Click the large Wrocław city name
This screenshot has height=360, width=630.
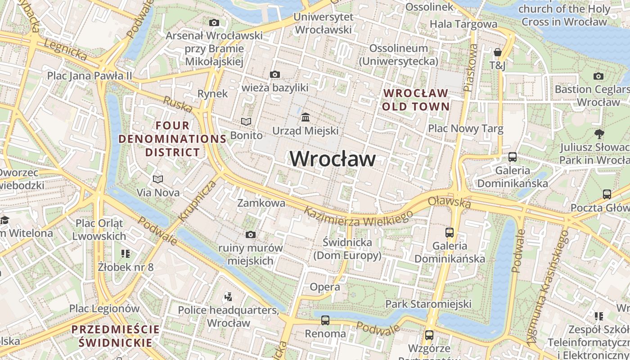[333, 159]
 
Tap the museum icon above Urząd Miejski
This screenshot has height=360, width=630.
[306, 117]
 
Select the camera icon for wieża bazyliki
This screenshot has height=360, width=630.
[274, 74]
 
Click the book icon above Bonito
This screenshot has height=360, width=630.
[246, 121]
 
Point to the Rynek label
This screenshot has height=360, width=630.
[213, 94]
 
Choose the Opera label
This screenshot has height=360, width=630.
[325, 287]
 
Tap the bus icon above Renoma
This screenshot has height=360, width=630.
[325, 320]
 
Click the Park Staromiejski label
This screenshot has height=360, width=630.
[428, 304]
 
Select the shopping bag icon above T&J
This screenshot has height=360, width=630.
[497, 52]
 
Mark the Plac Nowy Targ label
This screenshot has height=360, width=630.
[466, 129]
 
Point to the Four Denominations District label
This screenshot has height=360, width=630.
[173, 139]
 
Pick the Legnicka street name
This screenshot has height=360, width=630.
[65, 48]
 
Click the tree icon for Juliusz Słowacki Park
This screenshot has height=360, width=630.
[599, 134]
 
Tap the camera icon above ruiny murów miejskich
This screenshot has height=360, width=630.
[251, 234]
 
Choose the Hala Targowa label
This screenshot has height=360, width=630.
[463, 24]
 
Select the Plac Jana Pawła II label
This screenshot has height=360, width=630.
[90, 75]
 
